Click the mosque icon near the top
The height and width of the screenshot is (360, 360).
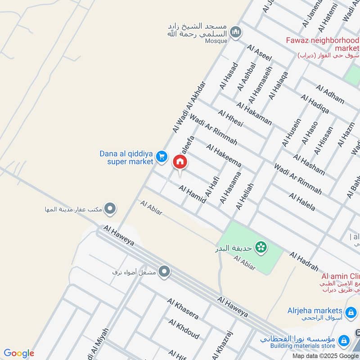(x=235, y=32)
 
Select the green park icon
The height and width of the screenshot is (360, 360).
(x=260, y=247)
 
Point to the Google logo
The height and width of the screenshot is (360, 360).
(x=19, y=353)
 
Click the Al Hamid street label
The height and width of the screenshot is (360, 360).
(x=192, y=193)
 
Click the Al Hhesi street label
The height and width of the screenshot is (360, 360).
(x=230, y=118)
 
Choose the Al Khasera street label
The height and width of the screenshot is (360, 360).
(x=183, y=308)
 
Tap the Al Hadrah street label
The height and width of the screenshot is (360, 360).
(x=304, y=261)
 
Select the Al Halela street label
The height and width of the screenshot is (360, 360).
(x=302, y=202)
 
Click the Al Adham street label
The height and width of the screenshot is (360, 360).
(x=330, y=94)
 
